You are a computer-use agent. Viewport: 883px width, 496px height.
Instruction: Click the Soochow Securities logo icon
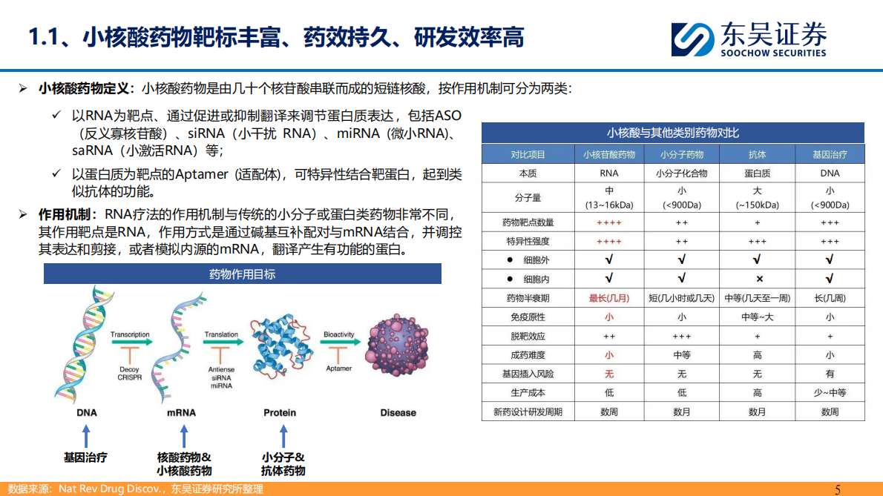tap(692, 39)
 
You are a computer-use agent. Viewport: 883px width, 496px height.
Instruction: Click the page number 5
tap(838, 489)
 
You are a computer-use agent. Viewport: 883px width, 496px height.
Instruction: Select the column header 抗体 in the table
tap(757, 154)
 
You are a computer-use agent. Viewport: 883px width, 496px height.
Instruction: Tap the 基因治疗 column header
tap(830, 154)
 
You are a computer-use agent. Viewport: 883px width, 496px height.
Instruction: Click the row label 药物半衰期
tap(528, 298)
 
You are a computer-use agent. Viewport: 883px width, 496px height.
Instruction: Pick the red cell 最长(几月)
tap(608, 298)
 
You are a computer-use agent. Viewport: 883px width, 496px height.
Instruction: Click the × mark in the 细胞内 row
tap(758, 279)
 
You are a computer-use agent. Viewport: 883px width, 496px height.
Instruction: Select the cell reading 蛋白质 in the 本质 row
tap(757, 173)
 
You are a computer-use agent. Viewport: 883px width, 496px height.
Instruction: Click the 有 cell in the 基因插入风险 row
tap(830, 374)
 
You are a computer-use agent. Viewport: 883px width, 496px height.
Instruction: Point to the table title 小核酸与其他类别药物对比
tap(672, 133)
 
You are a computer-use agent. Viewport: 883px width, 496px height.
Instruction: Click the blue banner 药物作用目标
tap(243, 274)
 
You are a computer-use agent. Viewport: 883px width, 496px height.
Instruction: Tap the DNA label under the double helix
tap(87, 413)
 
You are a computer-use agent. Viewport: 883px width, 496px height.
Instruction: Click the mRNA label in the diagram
tap(182, 413)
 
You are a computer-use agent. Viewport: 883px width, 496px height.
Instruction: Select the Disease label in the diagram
tap(398, 413)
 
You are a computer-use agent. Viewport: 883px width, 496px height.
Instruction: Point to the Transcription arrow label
tap(130, 335)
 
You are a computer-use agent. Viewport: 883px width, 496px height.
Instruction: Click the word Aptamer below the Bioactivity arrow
tap(339, 368)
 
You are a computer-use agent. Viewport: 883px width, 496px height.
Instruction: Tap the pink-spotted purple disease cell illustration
tap(398, 349)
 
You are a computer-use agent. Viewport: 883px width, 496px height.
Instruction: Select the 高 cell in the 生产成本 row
tap(757, 393)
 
